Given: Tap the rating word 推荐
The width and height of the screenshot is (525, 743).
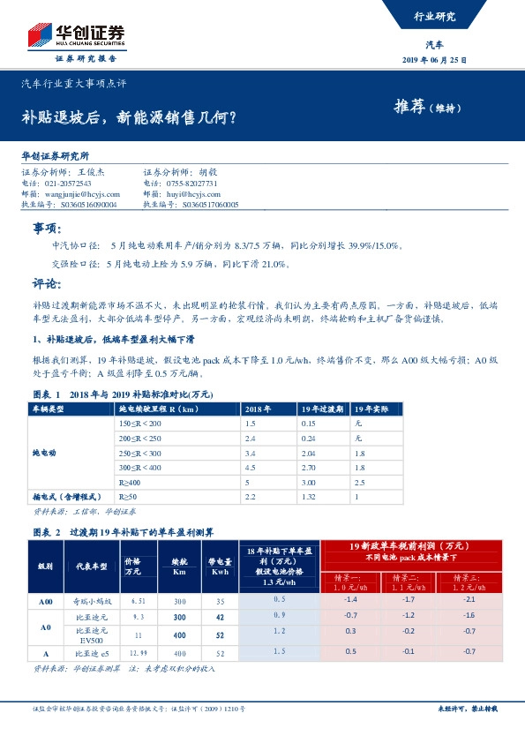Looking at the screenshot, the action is coord(409,108).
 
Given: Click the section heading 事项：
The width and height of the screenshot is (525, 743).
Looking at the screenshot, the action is coord(46,228).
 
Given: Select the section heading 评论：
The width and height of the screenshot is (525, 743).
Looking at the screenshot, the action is coord(46,284).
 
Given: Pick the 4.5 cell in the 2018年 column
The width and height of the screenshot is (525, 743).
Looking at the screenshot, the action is coord(250,468).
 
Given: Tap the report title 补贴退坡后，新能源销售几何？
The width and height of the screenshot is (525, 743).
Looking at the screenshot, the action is coord(128,116).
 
